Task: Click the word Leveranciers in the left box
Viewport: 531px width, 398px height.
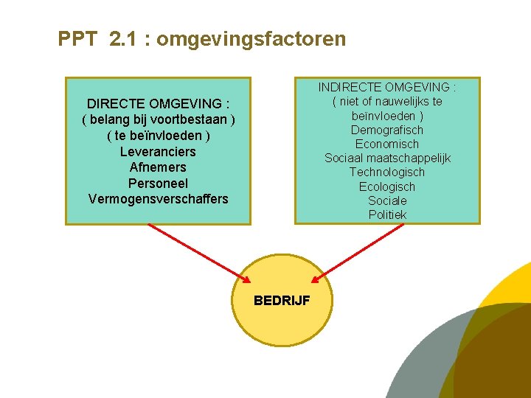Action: point(158,152)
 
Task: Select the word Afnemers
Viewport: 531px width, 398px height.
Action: point(158,167)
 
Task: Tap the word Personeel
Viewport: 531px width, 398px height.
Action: point(158,184)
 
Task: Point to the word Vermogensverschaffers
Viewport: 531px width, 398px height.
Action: point(158,199)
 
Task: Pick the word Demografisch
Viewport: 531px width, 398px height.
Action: point(387,130)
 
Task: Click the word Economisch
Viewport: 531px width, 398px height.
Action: point(387,144)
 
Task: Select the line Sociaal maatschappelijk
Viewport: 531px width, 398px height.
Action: point(387,158)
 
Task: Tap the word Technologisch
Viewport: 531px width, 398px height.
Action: point(387,172)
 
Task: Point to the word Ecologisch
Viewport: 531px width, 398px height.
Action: point(387,186)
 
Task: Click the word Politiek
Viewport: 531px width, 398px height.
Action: point(387,215)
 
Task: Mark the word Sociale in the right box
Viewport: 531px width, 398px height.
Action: point(387,200)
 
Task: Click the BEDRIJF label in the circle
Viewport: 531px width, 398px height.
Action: point(282,301)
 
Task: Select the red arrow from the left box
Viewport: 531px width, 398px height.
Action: point(199,253)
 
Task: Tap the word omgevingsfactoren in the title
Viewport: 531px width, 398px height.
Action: point(251,38)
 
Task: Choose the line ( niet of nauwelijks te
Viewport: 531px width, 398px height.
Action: point(387,102)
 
